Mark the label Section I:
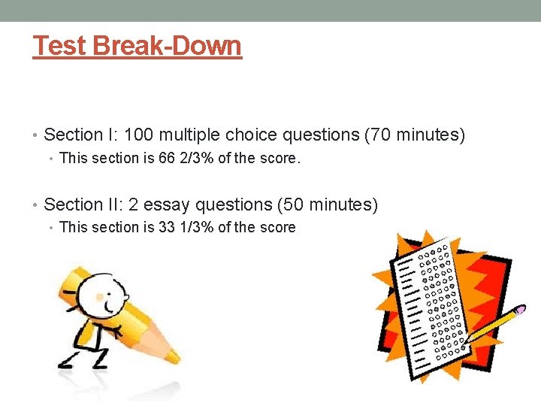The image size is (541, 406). click(x=73, y=135)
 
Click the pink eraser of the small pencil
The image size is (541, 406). click(x=521, y=310)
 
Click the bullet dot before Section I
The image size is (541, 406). click(x=36, y=136)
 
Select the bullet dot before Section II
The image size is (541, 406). click(x=36, y=205)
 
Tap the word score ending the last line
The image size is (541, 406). click(x=277, y=227)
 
